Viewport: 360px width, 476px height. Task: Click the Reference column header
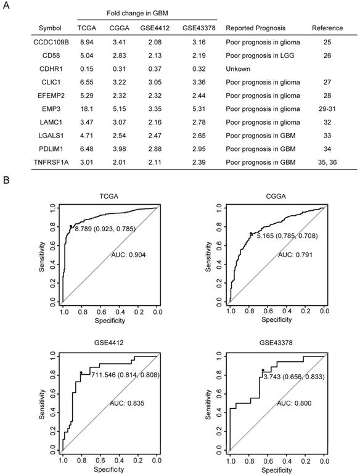tap(327, 28)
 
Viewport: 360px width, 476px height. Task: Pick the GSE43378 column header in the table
tap(197, 28)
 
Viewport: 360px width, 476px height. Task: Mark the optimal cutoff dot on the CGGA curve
tap(250, 233)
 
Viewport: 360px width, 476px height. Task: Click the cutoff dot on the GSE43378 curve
tap(263, 371)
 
